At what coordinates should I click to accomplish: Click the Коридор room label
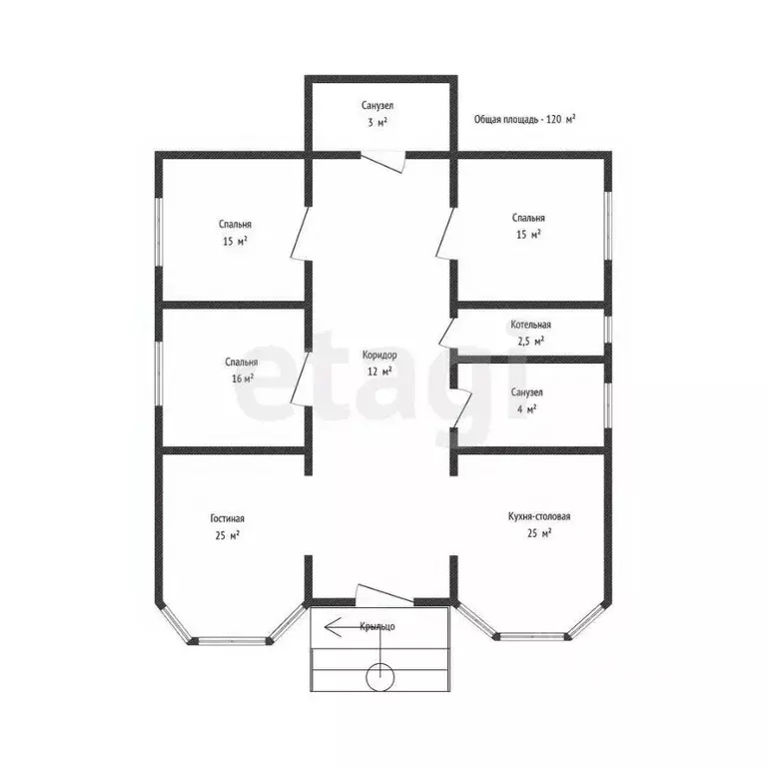[380, 356]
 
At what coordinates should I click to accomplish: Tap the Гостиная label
[227, 518]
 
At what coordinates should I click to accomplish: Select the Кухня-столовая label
[539, 516]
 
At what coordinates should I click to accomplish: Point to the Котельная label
[530, 325]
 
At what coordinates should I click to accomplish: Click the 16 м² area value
[242, 379]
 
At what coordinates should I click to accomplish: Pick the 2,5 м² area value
[530, 342]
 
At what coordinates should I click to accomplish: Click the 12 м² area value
[380, 372]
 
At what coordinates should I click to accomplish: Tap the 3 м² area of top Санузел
[378, 122]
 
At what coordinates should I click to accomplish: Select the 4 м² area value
[527, 408]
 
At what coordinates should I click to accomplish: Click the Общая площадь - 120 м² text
[524, 120]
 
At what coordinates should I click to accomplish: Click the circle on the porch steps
[381, 677]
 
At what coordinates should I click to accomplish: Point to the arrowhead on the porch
[333, 626]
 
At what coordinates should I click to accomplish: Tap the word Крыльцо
[378, 626]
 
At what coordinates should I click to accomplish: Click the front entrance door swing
[385, 594]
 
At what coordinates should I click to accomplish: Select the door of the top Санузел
[383, 162]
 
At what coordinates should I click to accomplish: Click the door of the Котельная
[447, 333]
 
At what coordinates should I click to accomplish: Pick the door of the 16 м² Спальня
[301, 379]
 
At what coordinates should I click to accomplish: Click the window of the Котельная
[607, 328]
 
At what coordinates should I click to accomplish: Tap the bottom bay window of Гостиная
[233, 639]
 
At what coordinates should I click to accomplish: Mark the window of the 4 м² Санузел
[607, 405]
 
